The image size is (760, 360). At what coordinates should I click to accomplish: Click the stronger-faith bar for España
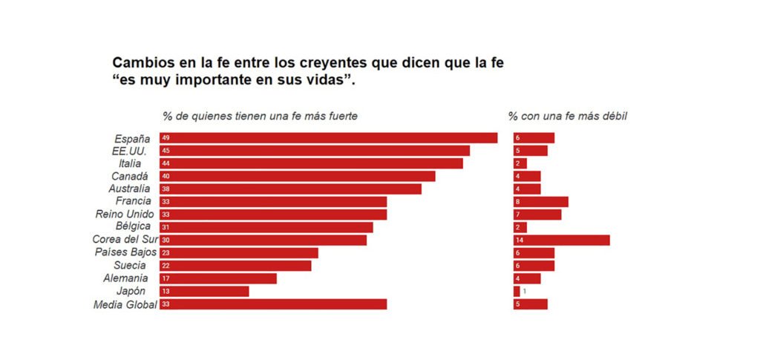point(328,138)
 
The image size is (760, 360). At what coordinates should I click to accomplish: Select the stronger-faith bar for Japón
point(204,291)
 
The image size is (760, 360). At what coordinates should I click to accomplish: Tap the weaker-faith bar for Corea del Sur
point(561,240)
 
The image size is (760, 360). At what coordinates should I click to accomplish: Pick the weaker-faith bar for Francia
point(540,202)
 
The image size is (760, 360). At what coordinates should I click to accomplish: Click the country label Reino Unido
point(125,215)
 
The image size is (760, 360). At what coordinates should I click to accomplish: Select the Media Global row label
point(125,304)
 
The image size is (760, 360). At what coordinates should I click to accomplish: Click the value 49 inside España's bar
point(166,138)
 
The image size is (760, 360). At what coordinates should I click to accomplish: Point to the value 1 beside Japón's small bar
point(524,291)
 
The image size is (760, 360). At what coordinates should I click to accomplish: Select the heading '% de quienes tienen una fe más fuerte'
point(260,117)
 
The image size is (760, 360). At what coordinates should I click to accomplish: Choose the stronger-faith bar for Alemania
point(217,278)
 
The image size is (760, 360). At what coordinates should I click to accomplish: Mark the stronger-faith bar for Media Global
point(273,304)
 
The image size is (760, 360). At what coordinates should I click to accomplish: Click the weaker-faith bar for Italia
point(520,163)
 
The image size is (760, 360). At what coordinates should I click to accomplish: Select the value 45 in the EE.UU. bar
point(166,151)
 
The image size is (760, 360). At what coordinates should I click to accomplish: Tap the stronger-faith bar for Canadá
point(297,176)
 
